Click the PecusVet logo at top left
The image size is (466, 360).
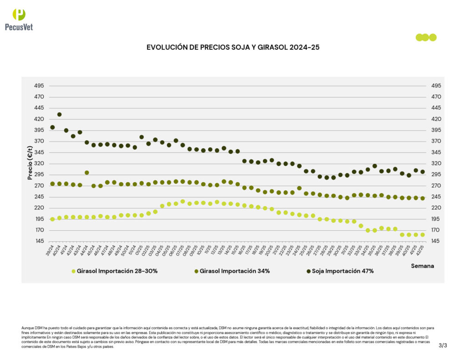(x=19, y=20)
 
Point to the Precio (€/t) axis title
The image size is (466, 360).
(x=30, y=163)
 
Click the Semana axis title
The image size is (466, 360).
(x=423, y=265)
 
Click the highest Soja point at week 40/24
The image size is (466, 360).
(x=59, y=115)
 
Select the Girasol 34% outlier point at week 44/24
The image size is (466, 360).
(x=86, y=173)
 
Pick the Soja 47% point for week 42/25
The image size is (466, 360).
(x=422, y=172)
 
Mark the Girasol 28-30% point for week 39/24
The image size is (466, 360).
(x=52, y=219)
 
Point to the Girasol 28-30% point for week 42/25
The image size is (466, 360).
(x=422, y=235)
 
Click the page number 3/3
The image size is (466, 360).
(x=443, y=345)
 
